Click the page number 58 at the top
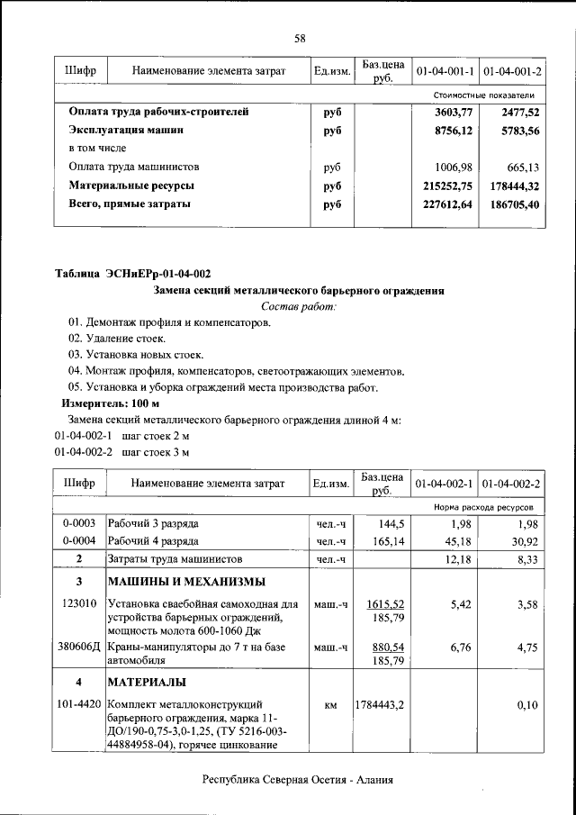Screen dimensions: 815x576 pyautogui.click(x=300, y=38)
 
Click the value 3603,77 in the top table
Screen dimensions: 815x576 pyautogui.click(x=454, y=113)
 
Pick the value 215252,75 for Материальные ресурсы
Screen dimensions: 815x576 pyautogui.click(x=446, y=186)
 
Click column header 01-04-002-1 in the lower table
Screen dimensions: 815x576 pyautogui.click(x=444, y=484)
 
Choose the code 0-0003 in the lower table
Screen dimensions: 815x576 pyautogui.click(x=79, y=523)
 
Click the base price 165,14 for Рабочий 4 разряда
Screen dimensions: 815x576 pyautogui.click(x=383, y=541)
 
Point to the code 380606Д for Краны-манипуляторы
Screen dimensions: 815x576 pyautogui.click(x=80, y=647)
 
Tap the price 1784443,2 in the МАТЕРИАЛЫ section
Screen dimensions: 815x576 pyautogui.click(x=382, y=704)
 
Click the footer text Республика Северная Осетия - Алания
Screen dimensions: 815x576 pyautogui.click(x=299, y=781)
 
